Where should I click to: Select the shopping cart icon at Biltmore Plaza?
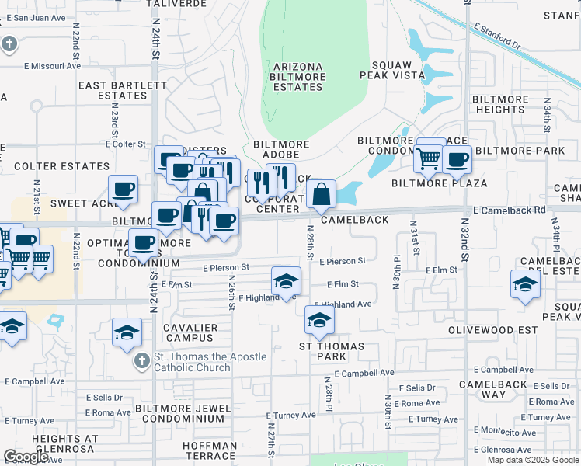429,158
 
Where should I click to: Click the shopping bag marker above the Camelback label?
321,194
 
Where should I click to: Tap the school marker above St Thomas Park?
318,318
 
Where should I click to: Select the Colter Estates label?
61,166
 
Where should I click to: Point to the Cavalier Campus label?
190,333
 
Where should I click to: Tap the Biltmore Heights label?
501,104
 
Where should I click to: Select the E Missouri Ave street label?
52,66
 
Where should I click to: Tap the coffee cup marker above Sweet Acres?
124,189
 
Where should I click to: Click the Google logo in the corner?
26,457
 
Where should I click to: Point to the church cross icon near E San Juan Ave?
9,43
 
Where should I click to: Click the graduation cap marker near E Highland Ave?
286,280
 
